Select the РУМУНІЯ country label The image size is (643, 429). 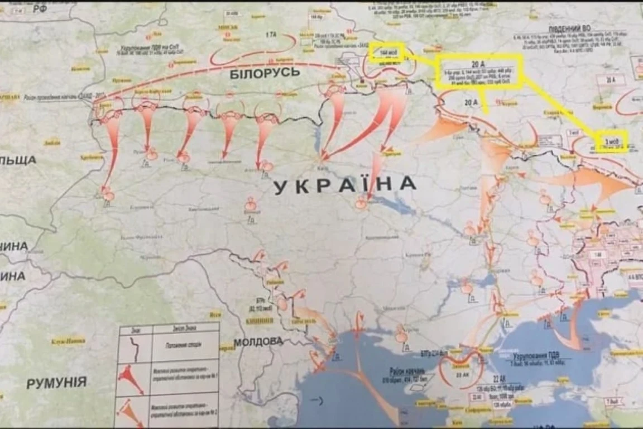click(x=56, y=383)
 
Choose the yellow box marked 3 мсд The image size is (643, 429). click(x=611, y=140)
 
